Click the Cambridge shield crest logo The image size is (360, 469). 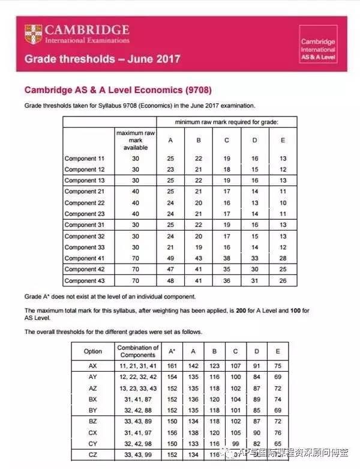pos(33,34)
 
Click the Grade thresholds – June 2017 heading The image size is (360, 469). pos(102,59)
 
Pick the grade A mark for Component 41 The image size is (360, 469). pos(170,258)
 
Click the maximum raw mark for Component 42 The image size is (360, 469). pos(136,270)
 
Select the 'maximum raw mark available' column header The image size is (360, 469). pos(136,139)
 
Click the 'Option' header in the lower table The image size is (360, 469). pos(92,351)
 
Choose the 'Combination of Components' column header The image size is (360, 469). pos(138,351)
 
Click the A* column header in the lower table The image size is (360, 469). pos(173,351)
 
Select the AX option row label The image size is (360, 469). pos(92,365)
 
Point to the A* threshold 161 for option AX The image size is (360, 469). pos(173,365)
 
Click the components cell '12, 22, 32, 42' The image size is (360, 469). pos(138,376)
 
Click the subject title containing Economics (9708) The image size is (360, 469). pos(118,90)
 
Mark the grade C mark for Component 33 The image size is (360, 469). pos(227,247)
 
